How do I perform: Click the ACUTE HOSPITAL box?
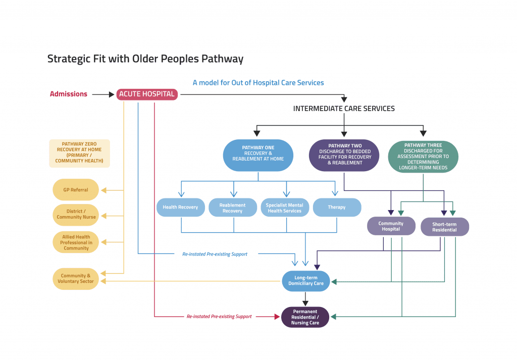pos(147,94)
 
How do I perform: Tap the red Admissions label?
pos(69,94)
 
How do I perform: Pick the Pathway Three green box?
pos(423,157)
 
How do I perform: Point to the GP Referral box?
pos(76,190)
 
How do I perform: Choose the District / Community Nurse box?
pos(76,214)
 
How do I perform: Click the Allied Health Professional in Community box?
pos(76,242)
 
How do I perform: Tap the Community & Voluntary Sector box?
pos(76,279)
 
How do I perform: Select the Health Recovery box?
pos(180,208)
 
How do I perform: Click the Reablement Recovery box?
pos(233,208)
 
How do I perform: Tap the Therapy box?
pos(337,208)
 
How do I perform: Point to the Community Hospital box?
pos(391,226)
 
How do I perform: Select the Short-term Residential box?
pos(444,227)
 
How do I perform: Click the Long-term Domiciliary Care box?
pos(305,281)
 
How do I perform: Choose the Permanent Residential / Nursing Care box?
pos(305,317)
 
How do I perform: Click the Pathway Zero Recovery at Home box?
pos(79,153)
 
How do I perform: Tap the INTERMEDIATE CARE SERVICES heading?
pos(344,109)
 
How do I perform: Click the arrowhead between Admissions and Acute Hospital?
pos(112,94)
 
